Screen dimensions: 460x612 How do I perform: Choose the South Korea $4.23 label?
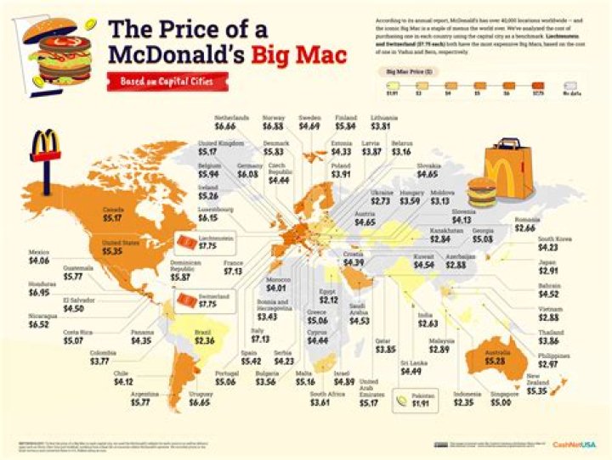[558, 244]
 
